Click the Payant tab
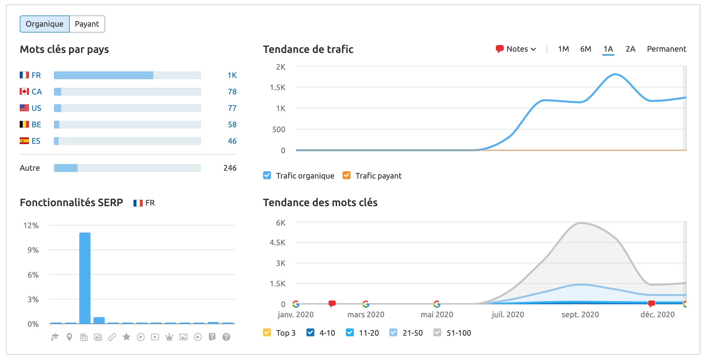click(x=87, y=24)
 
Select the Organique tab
click(x=45, y=24)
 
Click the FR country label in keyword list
click(x=36, y=75)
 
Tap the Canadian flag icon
click(x=24, y=91)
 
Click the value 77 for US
click(x=232, y=108)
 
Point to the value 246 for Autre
click(x=230, y=168)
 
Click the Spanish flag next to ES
click(x=24, y=141)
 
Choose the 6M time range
click(x=585, y=49)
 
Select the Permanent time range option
click(x=666, y=49)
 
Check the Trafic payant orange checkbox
click(x=346, y=176)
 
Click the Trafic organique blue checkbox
click(x=267, y=176)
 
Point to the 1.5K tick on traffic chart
click(x=278, y=87)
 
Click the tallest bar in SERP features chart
click(x=85, y=278)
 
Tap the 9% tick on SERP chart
click(x=33, y=250)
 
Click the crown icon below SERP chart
click(x=169, y=337)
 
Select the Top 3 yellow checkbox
click(x=267, y=333)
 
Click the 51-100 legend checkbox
click(x=437, y=333)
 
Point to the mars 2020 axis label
click(x=366, y=315)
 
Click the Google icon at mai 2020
click(x=437, y=304)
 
